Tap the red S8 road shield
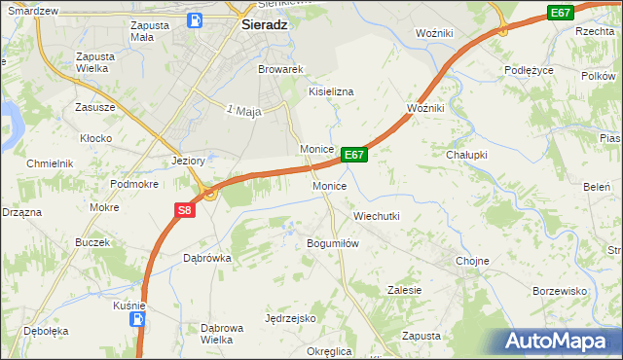186,208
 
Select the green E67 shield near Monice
354,155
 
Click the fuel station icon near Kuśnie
139,318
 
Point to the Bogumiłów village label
334,243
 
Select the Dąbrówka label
206,258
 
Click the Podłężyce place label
530,70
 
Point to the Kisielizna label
331,91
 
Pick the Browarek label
281,70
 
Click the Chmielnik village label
51,163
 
